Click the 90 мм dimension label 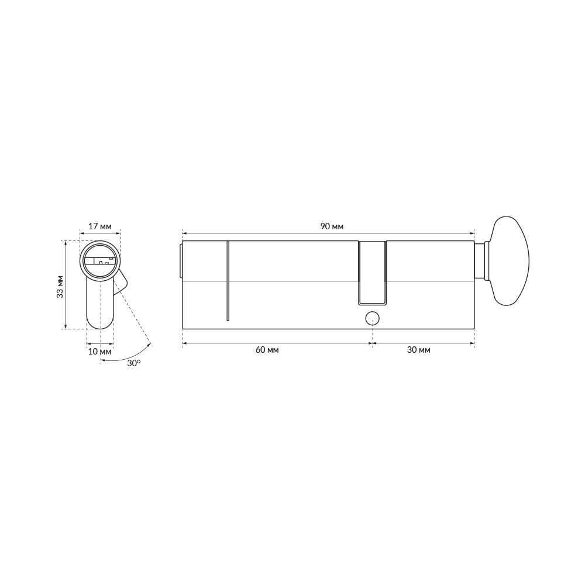pos(332,226)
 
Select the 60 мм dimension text pos(267,350)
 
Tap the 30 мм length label pos(419,350)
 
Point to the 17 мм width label pos(100,226)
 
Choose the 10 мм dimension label pos(100,352)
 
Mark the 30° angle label pos(134,363)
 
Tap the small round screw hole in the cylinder pos(372,318)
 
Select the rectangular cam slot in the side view pos(372,273)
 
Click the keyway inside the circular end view pos(100,261)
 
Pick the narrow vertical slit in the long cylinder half pos(228,281)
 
